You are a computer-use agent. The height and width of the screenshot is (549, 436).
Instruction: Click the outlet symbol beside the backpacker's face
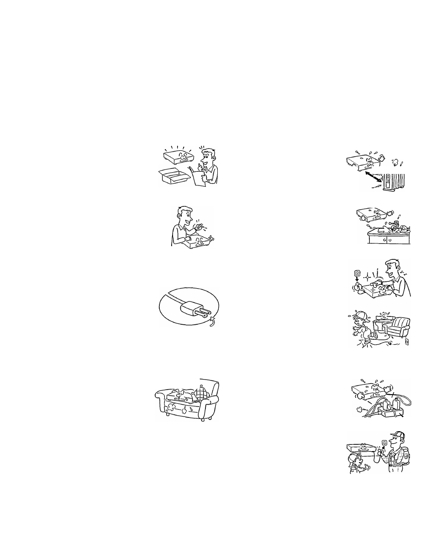384,442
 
